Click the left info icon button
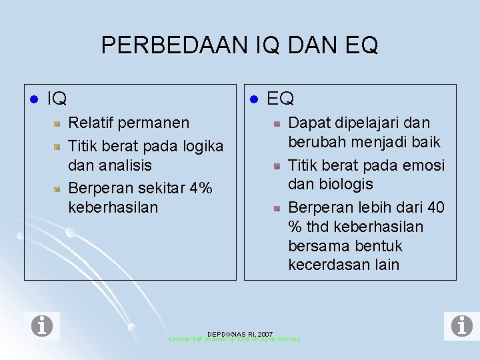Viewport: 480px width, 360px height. pos(45,326)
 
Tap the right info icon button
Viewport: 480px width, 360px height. pos(458,326)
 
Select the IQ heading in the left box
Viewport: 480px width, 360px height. pos(57,99)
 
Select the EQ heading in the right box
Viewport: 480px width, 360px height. pos(280,99)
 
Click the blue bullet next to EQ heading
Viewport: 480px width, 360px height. pos(253,100)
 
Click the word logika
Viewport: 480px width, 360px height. pos(201,145)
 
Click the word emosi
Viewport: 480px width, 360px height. pos(424,165)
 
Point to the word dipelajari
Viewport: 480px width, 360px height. pos(365,123)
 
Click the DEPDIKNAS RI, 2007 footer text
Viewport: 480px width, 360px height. pos(239,333)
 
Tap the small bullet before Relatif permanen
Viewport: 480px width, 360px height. pos(58,124)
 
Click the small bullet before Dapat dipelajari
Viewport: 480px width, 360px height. pos(277,124)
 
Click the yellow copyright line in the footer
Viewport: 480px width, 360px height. pos(235,339)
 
